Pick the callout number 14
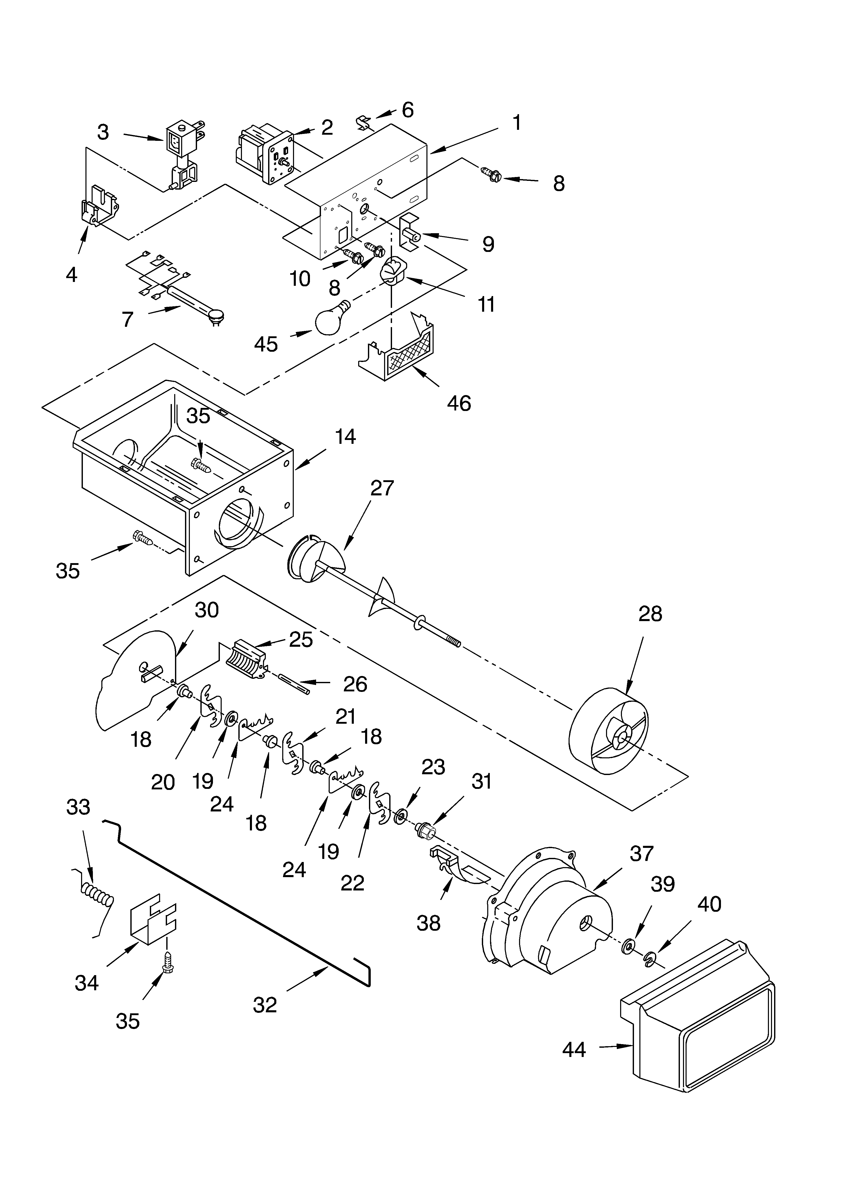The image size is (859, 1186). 345,437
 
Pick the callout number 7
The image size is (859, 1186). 128,319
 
